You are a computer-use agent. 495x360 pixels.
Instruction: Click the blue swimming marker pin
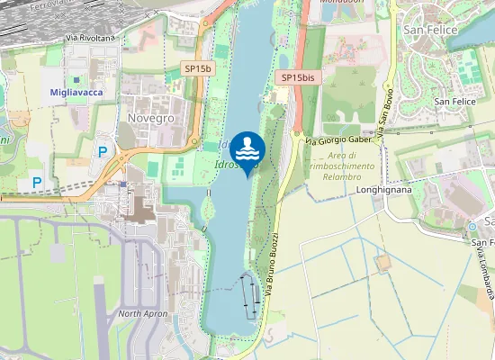(x=247, y=150)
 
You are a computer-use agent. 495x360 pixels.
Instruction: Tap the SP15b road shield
(x=198, y=68)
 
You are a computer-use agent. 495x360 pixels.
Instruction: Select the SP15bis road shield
(x=298, y=77)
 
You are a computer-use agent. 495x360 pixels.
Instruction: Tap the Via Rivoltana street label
(x=91, y=38)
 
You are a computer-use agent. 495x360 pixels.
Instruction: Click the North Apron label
(x=142, y=314)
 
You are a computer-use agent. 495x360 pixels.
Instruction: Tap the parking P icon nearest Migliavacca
(x=103, y=152)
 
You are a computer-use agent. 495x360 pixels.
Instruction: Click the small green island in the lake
(x=209, y=209)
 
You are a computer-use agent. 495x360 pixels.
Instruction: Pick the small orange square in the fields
(x=384, y=262)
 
